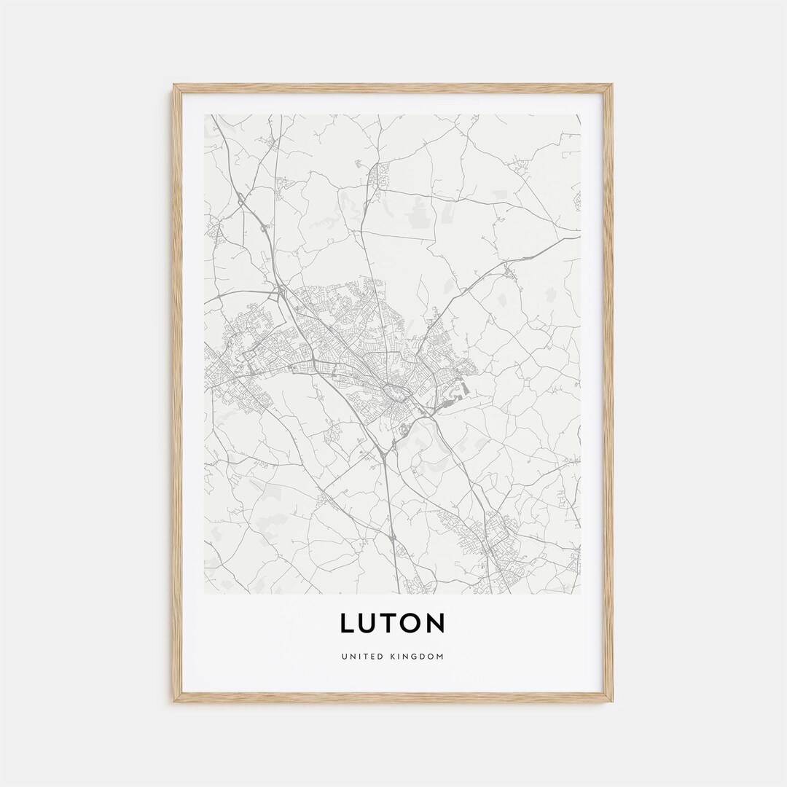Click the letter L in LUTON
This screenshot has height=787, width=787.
[x=348, y=623]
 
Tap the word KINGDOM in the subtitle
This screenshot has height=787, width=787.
[x=415, y=657]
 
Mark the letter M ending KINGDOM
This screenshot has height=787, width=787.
[x=440, y=657]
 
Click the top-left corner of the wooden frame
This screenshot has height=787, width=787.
[x=175, y=86]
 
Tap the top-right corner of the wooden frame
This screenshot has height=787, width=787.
[x=611, y=86]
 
